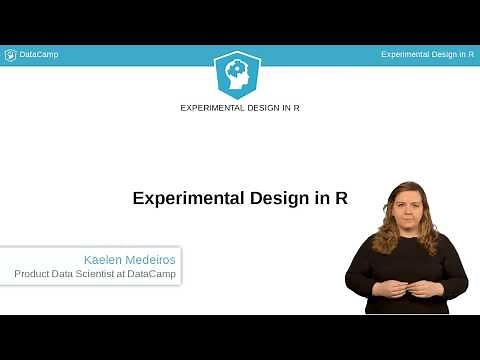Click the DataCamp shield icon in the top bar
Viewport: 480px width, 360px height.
click(10, 55)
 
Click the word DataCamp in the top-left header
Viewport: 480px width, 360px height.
click(39, 55)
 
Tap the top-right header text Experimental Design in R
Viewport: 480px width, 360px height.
click(427, 55)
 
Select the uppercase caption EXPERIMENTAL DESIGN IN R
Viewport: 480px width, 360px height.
click(239, 107)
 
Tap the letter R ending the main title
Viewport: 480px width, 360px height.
click(341, 198)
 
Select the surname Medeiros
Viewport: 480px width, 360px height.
click(150, 258)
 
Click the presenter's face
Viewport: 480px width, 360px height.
click(406, 206)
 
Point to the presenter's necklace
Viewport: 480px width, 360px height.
click(405, 238)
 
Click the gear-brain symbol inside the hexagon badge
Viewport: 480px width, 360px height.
click(239, 71)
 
